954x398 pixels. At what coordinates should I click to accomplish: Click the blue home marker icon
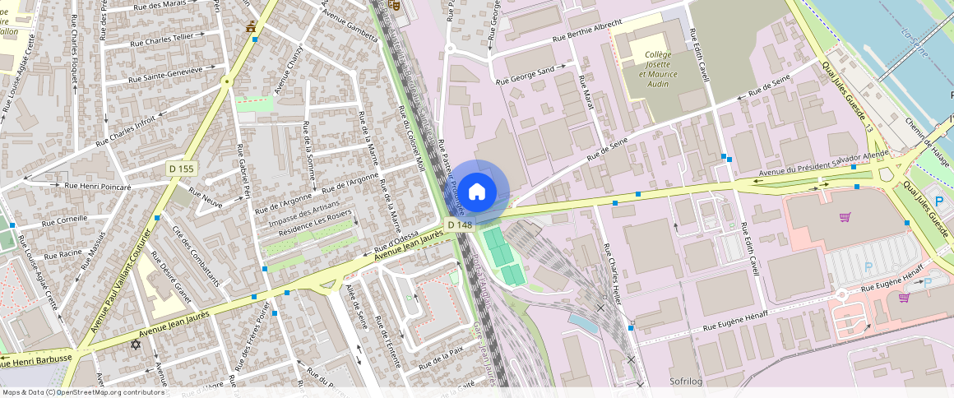[476, 192]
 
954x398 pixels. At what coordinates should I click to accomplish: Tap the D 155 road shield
[181, 169]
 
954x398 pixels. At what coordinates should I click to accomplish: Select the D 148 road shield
[459, 224]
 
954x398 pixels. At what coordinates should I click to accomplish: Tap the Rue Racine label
[63, 255]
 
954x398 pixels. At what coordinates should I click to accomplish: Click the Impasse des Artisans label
[304, 215]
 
